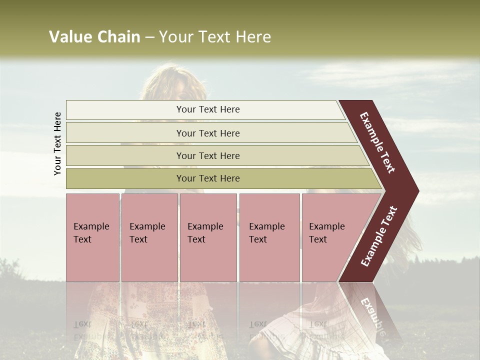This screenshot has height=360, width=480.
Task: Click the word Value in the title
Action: pos(70,37)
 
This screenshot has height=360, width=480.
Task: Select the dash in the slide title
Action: pos(149,37)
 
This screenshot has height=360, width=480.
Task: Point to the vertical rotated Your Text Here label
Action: pos(57,143)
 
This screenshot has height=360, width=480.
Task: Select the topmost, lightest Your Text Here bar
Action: pos(207,109)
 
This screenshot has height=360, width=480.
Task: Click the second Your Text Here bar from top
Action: pos(207,133)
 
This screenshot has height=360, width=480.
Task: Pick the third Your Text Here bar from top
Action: pos(207,155)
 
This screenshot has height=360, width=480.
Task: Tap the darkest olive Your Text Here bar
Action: pos(207,178)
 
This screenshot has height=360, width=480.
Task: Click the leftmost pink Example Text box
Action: pos(92,237)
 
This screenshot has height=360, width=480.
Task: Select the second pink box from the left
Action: pos(149,237)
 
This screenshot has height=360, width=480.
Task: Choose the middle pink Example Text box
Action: pos(208,237)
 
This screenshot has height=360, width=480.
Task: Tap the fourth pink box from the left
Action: pos(269,237)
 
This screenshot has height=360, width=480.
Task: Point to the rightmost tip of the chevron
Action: pos(417,191)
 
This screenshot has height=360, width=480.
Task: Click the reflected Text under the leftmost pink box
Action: pos(82,324)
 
